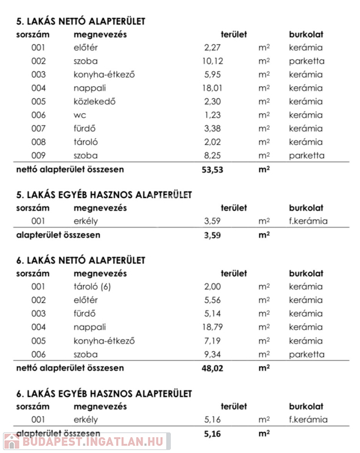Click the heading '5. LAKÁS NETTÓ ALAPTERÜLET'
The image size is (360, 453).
coord(81,21)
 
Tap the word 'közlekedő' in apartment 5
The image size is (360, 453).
coord(94,101)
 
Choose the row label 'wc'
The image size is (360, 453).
coord(80,116)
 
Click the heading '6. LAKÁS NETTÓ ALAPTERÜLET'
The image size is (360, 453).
coord(81,260)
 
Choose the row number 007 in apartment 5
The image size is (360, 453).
coord(38,129)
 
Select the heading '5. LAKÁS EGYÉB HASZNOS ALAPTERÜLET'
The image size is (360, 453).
coord(104,194)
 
